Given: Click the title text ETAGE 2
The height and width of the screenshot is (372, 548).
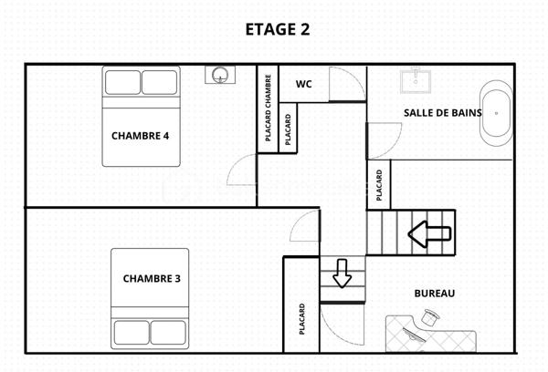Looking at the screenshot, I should [278, 29].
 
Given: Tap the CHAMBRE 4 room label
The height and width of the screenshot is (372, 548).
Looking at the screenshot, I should [141, 136].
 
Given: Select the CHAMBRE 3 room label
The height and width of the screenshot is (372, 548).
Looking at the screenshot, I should [152, 278].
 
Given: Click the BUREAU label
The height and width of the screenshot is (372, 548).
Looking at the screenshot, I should [434, 294].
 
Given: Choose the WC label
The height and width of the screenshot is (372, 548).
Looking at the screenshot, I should [304, 84].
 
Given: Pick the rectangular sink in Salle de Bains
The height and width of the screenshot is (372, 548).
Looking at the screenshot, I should [418, 80].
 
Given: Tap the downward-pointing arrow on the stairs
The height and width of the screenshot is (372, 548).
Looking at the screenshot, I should [342, 273].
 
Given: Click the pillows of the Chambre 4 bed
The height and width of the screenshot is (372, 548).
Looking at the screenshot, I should [142, 83].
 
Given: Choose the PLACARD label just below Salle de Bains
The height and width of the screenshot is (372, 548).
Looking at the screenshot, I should [378, 185].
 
